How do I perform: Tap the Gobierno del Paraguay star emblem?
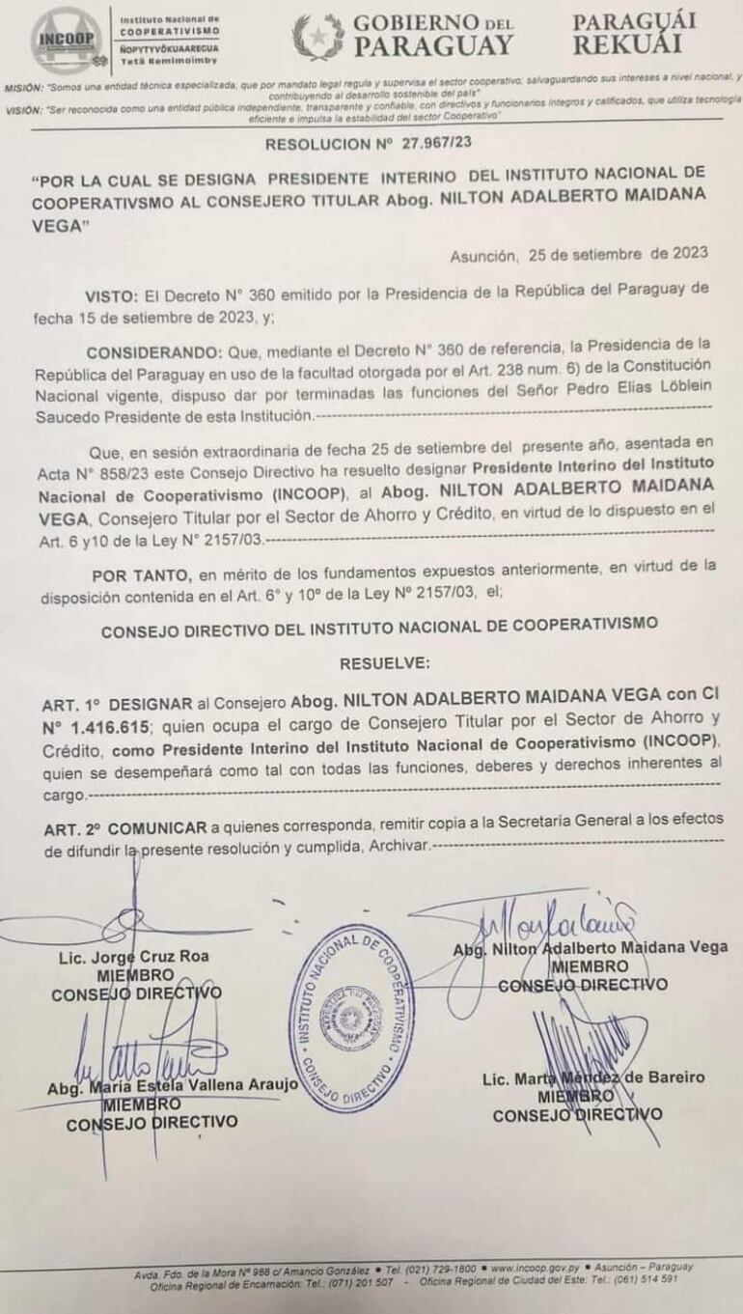tap(318, 37)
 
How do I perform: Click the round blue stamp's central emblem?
tap(351, 1017)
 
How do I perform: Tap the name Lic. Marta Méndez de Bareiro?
tap(593, 1077)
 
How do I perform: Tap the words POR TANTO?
tap(138, 571)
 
